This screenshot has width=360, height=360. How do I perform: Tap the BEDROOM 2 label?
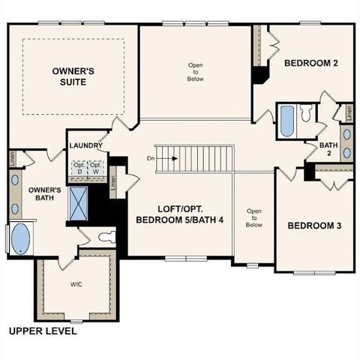click(310, 64)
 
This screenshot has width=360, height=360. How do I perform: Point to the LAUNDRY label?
click(85, 145)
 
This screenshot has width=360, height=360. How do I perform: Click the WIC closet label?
click(77, 284)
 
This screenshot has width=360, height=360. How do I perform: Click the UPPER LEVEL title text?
click(42, 331)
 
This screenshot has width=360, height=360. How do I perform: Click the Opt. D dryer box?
click(78, 166)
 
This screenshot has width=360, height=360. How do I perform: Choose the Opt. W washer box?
click(95, 166)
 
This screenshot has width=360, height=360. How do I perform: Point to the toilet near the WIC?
click(106, 237)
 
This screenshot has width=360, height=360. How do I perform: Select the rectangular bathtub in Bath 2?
click(286, 121)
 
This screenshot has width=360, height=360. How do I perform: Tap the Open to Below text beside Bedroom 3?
click(253, 217)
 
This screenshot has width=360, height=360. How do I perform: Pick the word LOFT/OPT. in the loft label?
click(181, 208)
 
